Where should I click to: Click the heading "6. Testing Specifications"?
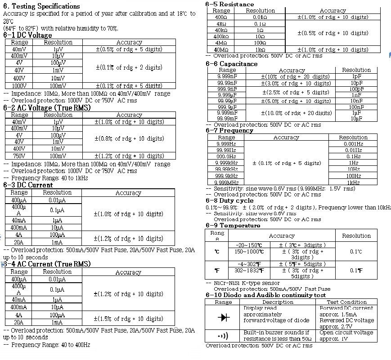tap(41, 6)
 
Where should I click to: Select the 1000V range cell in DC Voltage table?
tap(19, 85)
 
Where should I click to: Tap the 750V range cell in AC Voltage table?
tap(19, 156)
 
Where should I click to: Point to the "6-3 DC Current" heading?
tap(28, 185)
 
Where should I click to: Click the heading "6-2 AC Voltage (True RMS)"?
tap(47, 108)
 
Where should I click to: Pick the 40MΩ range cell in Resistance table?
tap(221, 49)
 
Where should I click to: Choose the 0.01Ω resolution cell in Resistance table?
tap(260, 17)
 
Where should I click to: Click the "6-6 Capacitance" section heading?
tap(232, 64)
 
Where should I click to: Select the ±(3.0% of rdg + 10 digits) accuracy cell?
tap(296, 83)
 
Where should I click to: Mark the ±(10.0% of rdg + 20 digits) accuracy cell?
tap(296, 113)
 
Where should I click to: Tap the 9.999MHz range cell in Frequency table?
tap(226, 182)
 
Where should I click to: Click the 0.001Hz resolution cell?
tap(353, 144)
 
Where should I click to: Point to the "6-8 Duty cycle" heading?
tap(229, 200)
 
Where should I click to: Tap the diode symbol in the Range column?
tap(224, 317)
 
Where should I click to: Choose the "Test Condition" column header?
tap(346, 302)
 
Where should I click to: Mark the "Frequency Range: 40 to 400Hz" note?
tap(50, 345)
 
